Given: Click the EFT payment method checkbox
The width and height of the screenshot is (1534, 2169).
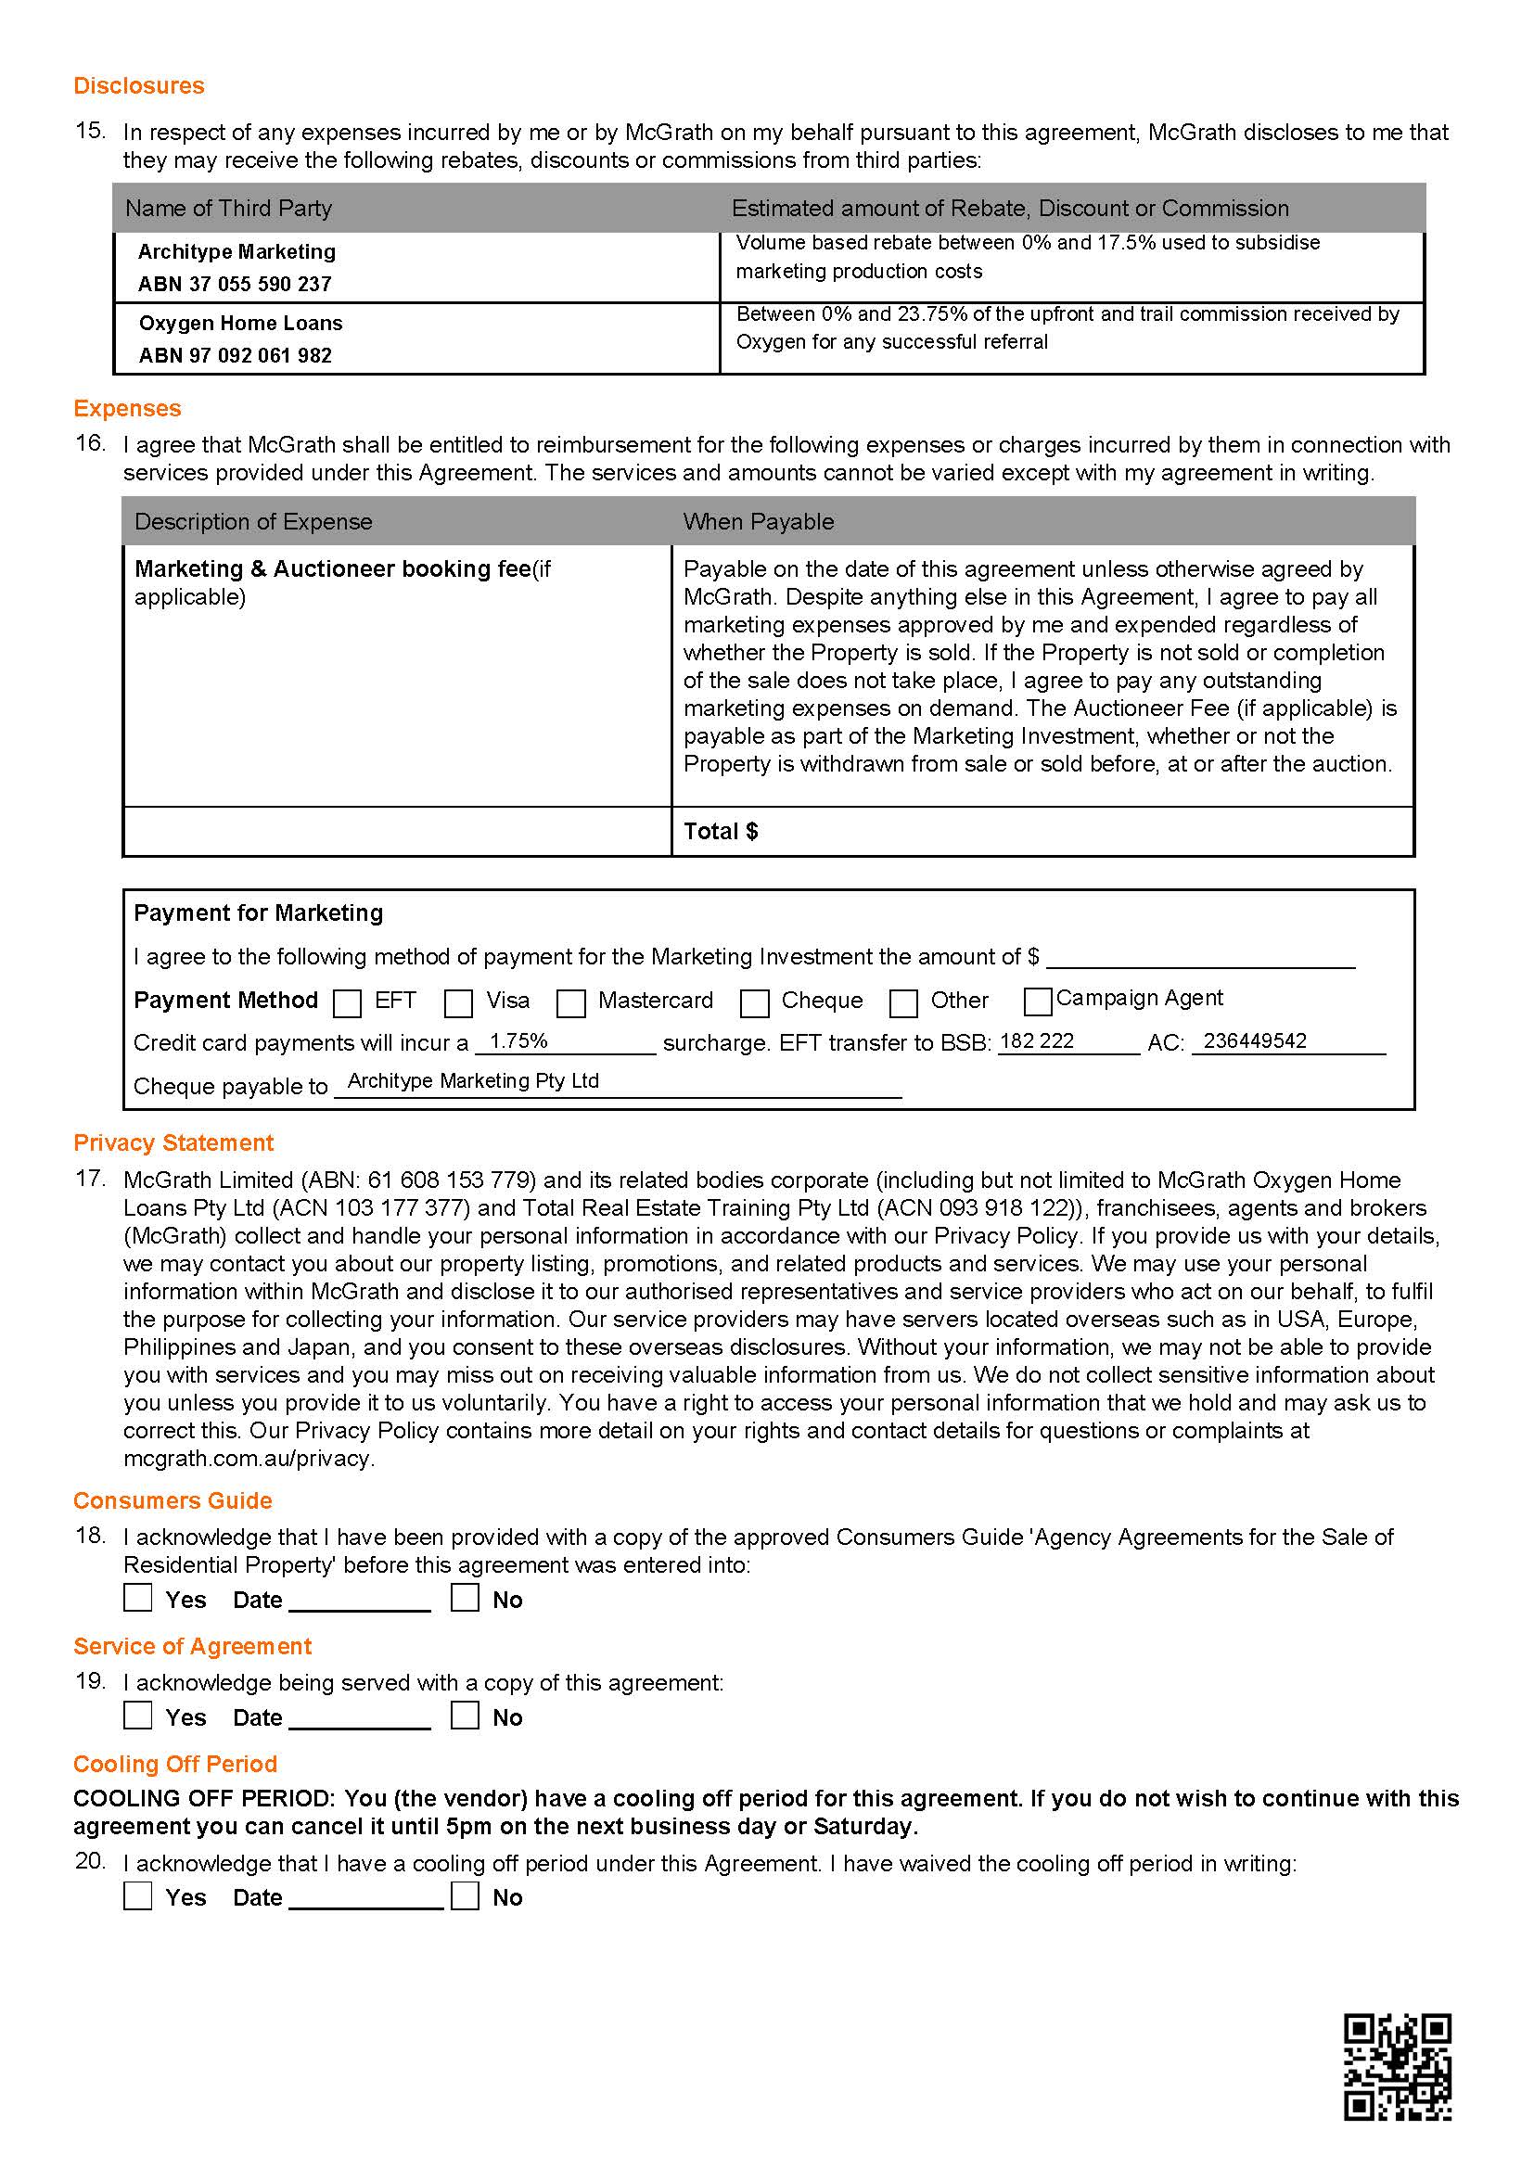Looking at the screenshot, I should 348,1003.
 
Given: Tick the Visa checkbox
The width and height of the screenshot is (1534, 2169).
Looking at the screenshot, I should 459,1003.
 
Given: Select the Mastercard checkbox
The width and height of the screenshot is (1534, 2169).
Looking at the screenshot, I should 570,1003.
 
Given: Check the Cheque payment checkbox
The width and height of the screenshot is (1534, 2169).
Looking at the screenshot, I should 754,1003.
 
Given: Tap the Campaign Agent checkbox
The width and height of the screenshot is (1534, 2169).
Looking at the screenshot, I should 1038,1001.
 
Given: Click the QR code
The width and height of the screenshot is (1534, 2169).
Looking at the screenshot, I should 1397,2067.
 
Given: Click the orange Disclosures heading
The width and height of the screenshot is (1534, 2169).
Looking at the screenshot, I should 139,86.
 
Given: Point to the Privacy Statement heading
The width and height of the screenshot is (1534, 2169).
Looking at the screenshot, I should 173,1143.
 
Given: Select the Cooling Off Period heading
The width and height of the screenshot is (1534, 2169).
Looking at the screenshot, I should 175,1765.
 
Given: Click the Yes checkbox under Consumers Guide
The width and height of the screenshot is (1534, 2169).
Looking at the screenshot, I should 138,1598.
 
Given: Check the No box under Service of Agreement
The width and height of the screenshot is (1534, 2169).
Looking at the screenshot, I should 465,1716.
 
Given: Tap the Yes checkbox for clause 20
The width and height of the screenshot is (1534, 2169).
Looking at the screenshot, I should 138,1896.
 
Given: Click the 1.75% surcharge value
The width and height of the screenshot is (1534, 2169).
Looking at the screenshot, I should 518,1041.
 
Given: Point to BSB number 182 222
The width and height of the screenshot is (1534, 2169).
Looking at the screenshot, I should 1036,1041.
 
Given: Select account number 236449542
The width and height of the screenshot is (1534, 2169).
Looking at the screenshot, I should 1255,1041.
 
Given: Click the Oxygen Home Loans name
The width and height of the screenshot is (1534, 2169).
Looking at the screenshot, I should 241,323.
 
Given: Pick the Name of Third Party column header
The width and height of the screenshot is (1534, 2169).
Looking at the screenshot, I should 228,209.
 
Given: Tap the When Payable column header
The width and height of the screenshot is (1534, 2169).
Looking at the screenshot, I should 759,522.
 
